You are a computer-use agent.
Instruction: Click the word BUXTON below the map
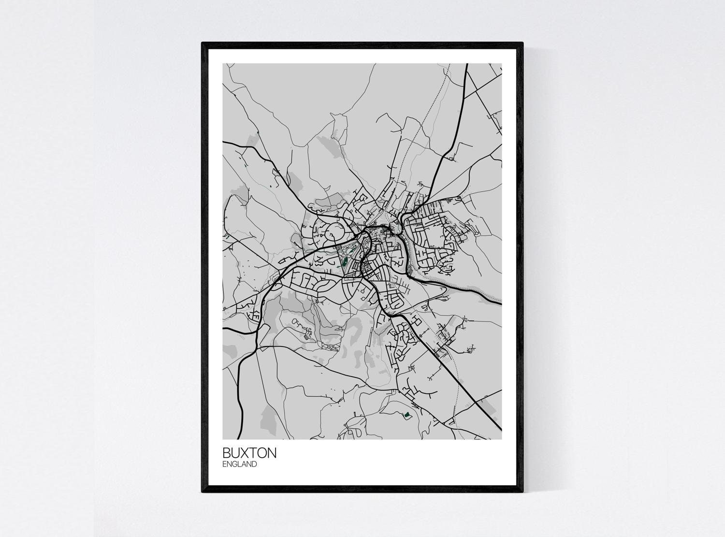[x=249, y=453]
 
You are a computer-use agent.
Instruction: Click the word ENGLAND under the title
[x=239, y=464]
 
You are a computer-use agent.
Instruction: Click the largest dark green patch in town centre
[x=345, y=264]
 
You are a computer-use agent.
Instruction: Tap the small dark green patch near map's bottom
[x=407, y=414]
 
